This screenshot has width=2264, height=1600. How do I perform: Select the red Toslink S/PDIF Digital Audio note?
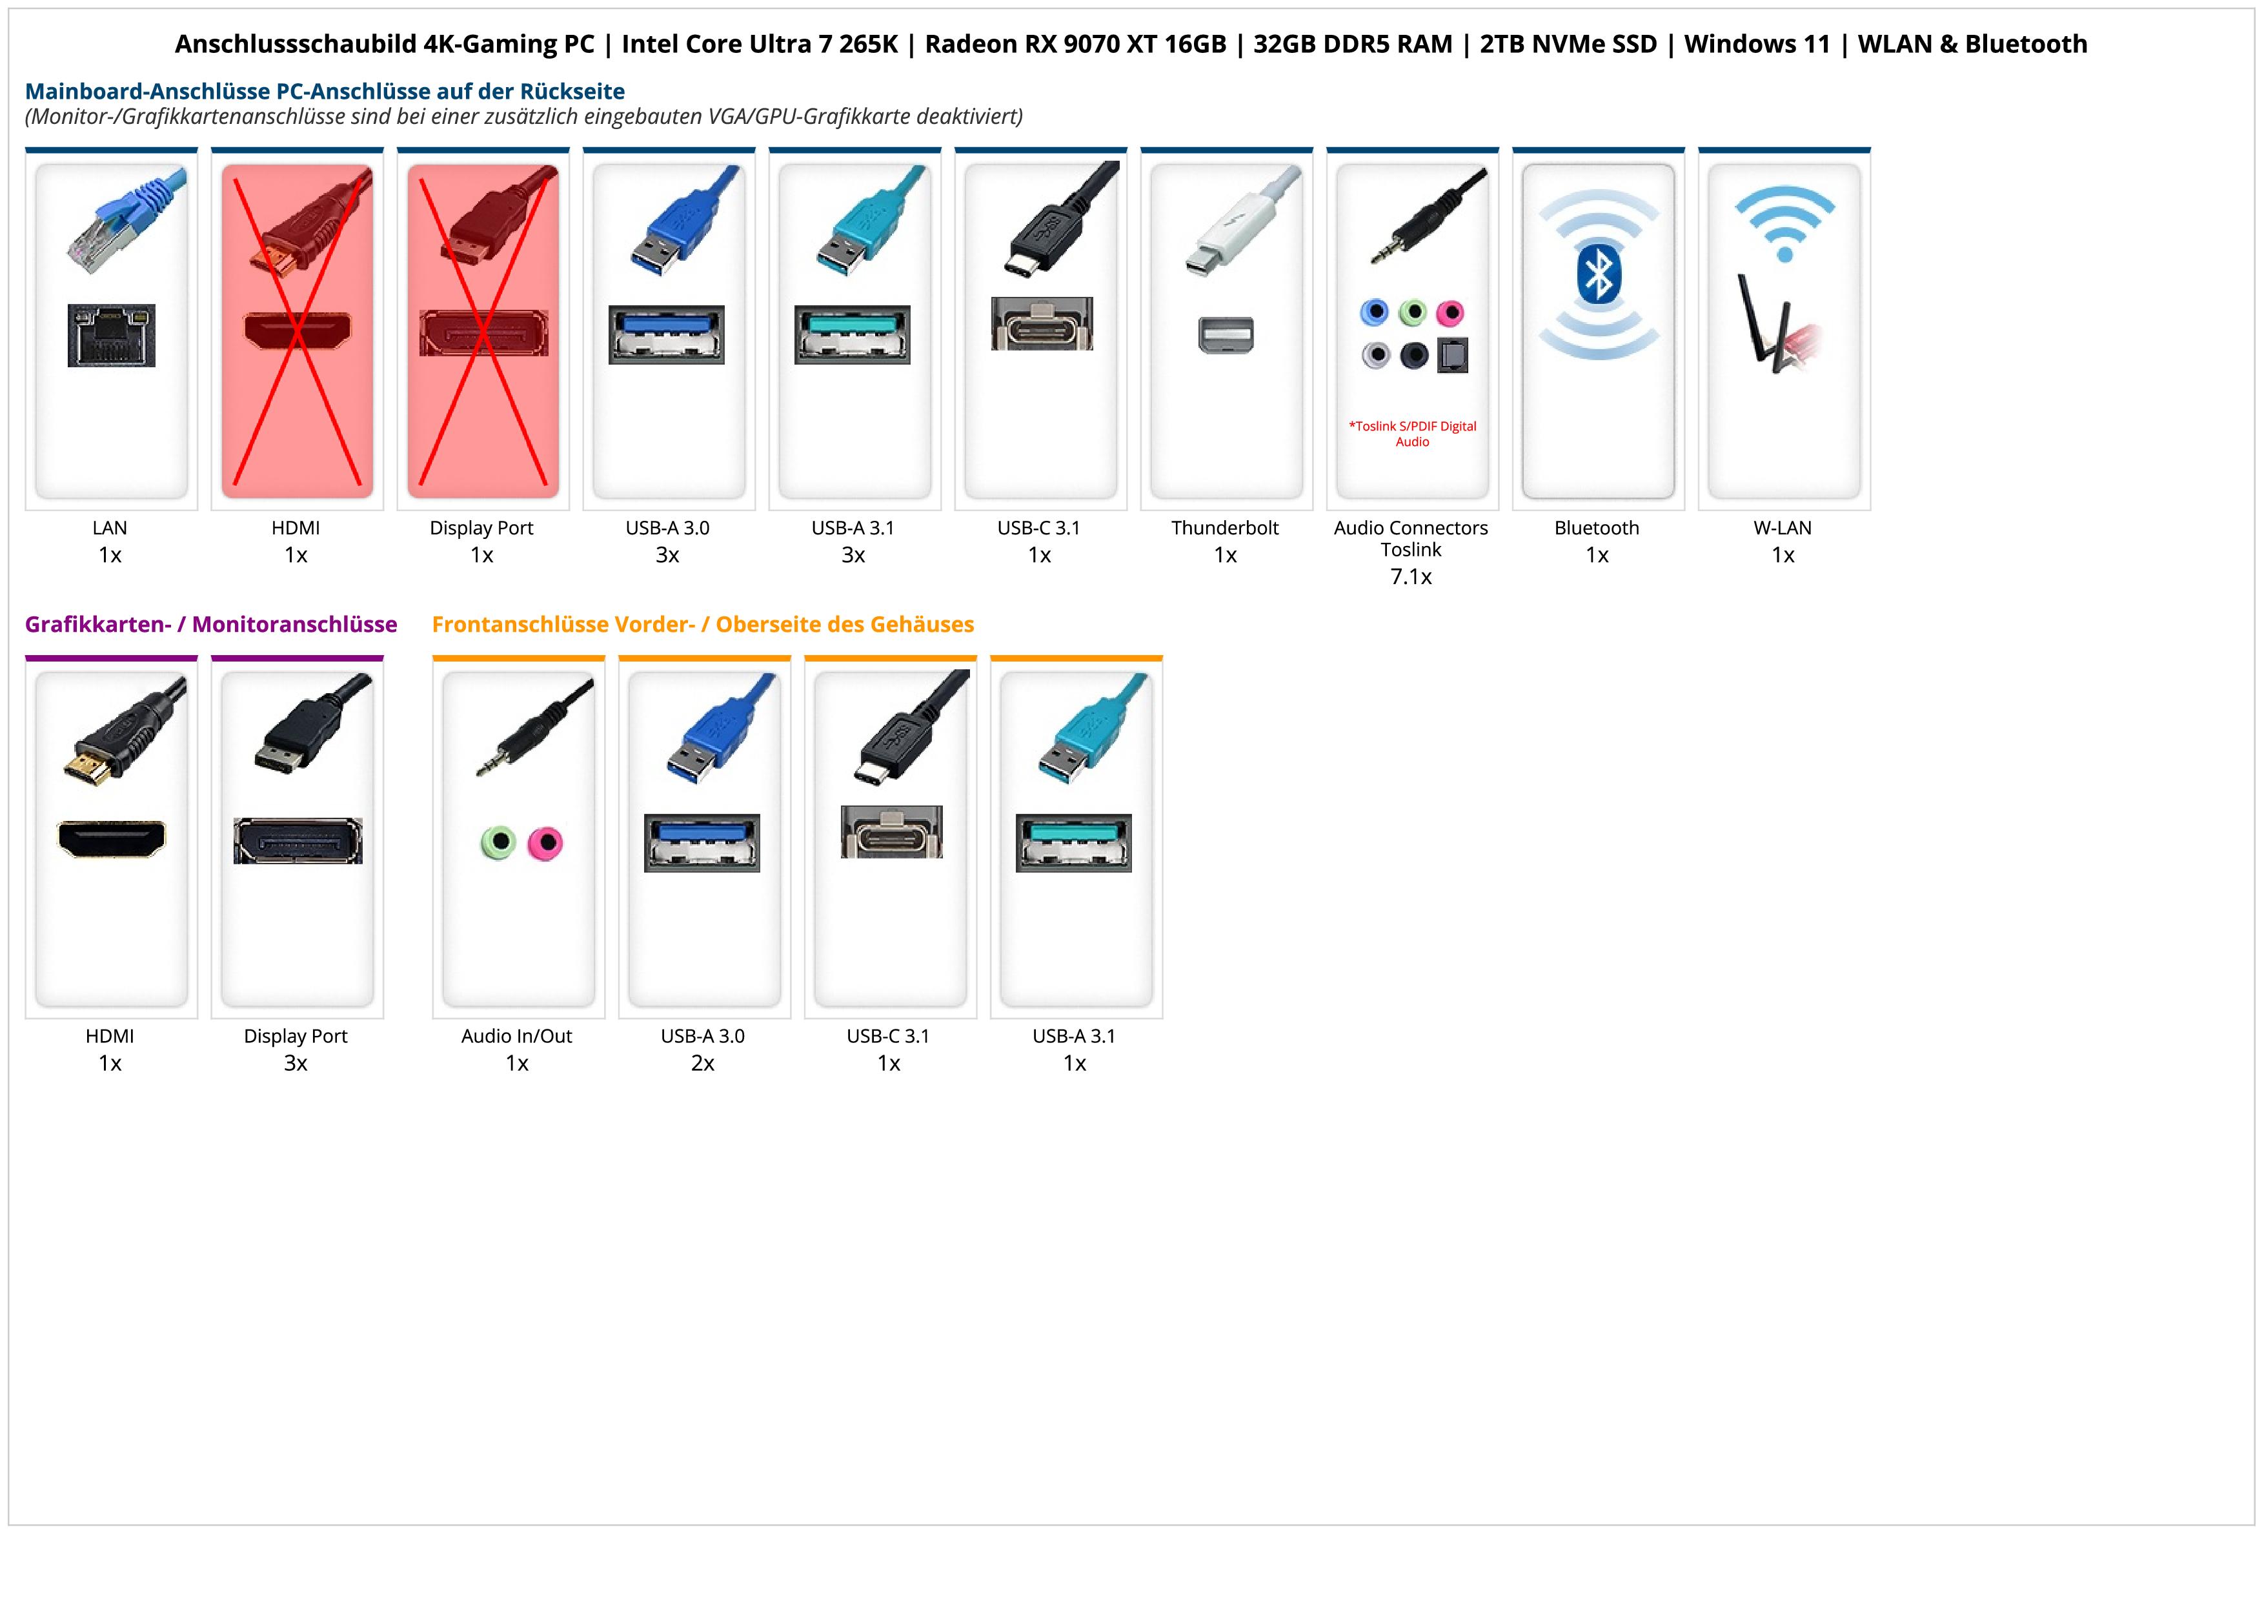click(x=1412, y=434)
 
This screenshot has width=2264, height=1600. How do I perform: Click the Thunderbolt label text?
click(x=1225, y=527)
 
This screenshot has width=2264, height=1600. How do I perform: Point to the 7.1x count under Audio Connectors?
click(x=1411, y=577)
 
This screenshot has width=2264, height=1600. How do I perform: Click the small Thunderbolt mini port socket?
click(x=1226, y=335)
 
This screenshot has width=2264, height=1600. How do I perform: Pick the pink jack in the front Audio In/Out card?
click(x=544, y=843)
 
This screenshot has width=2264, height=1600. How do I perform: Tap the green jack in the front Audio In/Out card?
click(x=499, y=843)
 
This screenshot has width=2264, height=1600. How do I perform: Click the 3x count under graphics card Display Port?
click(x=296, y=1063)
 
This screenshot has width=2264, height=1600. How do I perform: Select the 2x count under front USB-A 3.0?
click(x=703, y=1063)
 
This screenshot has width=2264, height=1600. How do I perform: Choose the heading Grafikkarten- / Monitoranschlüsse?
click(x=211, y=624)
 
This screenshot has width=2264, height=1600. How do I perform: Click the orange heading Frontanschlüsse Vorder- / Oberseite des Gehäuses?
click(x=702, y=624)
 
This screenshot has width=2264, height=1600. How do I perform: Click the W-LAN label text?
click(x=1783, y=527)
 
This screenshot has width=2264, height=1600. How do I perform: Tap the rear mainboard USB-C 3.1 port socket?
click(x=1041, y=323)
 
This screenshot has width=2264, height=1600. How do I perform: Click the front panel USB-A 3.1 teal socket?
click(x=1074, y=843)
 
